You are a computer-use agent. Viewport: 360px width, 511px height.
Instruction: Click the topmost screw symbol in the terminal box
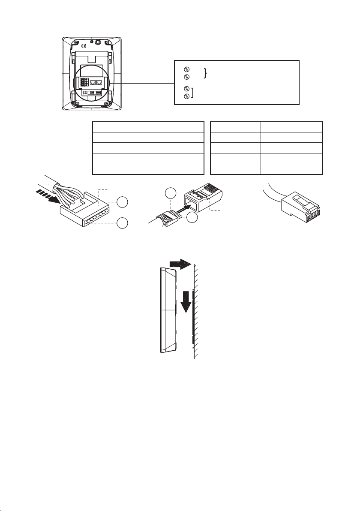tap(186, 69)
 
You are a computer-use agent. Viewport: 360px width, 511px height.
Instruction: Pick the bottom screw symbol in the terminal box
tap(186, 96)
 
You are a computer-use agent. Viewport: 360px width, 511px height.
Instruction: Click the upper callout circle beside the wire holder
tap(122, 202)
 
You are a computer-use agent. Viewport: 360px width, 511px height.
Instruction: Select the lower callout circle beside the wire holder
tap(122, 223)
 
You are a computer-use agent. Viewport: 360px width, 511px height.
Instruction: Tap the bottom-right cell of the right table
tap(291, 170)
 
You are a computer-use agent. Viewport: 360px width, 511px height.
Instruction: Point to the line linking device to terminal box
tap(141, 83)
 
